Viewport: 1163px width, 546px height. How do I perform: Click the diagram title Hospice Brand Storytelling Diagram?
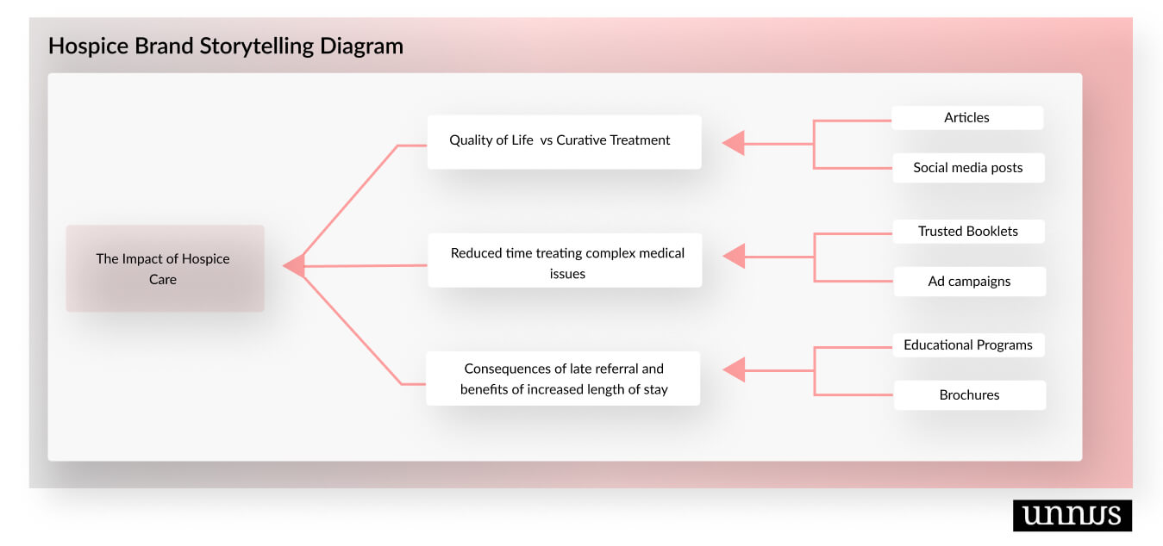(x=225, y=46)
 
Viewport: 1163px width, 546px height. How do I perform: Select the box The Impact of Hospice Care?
(x=165, y=269)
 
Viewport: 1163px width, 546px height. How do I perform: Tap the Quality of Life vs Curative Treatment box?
(x=564, y=141)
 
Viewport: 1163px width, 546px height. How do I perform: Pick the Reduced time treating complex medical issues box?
(x=565, y=260)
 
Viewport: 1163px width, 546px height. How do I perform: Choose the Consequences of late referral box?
(x=563, y=379)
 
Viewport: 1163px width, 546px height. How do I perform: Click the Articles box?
(x=966, y=118)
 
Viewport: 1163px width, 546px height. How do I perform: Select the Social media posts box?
(x=967, y=168)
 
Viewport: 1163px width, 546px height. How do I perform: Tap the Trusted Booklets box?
(x=968, y=232)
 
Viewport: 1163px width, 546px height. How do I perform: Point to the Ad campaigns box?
(x=969, y=282)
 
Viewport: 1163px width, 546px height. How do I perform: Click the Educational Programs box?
(x=968, y=345)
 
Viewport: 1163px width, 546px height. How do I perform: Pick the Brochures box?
(x=969, y=395)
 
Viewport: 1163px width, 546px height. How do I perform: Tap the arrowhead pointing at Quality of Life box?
(x=734, y=143)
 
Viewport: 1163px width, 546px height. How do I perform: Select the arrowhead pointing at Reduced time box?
(x=735, y=256)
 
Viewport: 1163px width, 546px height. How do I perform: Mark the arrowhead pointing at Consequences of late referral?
(x=735, y=370)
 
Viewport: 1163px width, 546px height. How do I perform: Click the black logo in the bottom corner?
(x=1072, y=515)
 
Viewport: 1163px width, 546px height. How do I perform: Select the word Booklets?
(x=991, y=232)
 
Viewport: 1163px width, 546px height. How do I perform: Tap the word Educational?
(x=938, y=345)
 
